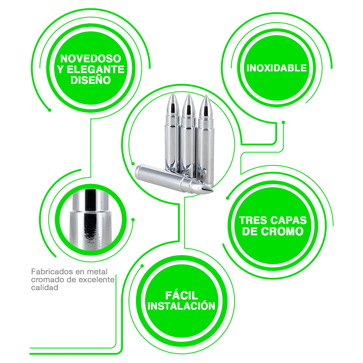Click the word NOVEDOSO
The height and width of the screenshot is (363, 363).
point(91,59)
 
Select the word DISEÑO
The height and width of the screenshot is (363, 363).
point(91,80)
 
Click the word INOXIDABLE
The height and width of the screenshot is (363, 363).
point(276,68)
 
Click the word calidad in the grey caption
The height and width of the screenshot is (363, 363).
point(45,288)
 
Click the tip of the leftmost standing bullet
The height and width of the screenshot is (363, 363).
point(173,93)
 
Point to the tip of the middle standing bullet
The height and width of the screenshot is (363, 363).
point(189,94)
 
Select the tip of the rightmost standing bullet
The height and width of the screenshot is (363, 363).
point(206,96)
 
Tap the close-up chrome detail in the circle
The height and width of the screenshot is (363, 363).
point(91,220)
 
